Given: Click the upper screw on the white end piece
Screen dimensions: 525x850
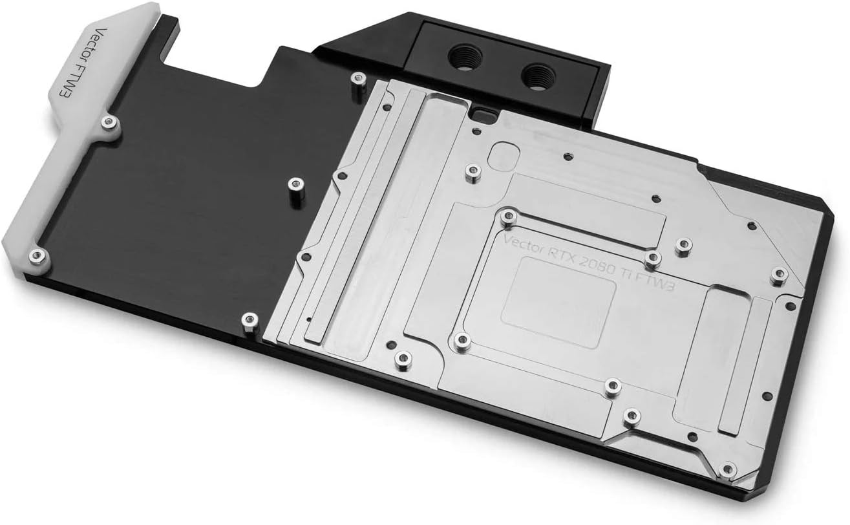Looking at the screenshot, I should (107, 122).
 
